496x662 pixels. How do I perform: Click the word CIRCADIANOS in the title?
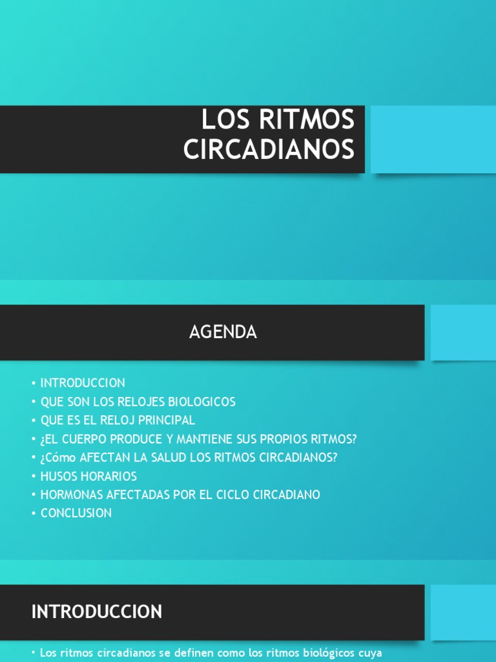tap(269, 149)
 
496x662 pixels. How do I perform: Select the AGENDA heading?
tap(223, 332)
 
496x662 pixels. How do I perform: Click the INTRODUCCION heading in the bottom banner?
tap(97, 612)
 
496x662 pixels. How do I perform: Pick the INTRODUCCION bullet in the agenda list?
tap(83, 383)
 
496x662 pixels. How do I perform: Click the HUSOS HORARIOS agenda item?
tap(88, 476)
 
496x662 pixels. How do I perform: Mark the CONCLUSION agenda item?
tap(76, 513)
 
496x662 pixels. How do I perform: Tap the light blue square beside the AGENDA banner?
tap(463, 332)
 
